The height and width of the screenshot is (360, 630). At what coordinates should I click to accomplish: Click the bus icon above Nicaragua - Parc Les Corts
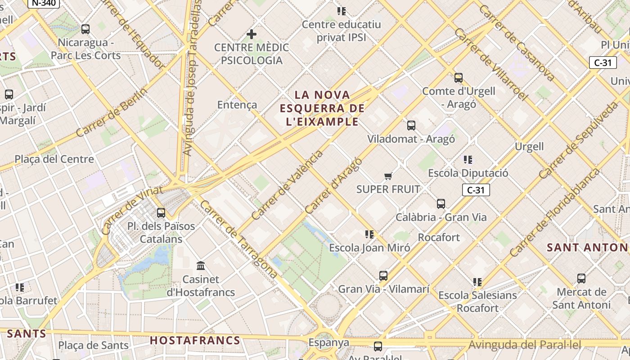(x=85, y=30)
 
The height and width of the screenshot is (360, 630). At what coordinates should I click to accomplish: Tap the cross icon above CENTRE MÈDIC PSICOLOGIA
(x=252, y=34)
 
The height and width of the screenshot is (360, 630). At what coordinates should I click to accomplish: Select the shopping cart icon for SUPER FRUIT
(x=388, y=176)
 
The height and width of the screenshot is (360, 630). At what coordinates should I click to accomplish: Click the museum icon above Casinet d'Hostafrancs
(x=201, y=266)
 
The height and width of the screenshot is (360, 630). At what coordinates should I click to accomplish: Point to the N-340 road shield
(x=43, y=3)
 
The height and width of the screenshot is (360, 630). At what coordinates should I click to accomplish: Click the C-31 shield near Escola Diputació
(x=476, y=190)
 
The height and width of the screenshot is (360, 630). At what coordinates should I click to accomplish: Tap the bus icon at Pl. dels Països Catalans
(x=161, y=213)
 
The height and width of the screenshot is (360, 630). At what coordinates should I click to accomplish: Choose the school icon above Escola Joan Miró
(x=369, y=234)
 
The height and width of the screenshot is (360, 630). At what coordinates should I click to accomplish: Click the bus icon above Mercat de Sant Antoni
(x=581, y=279)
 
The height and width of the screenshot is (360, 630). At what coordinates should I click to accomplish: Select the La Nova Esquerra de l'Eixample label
(x=322, y=108)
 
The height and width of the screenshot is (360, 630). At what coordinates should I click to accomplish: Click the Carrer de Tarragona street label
(x=238, y=238)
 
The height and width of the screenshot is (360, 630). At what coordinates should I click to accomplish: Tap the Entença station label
(x=237, y=105)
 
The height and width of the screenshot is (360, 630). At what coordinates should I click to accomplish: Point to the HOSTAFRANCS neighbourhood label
(x=195, y=340)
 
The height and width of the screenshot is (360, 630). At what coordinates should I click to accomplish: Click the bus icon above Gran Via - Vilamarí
(x=383, y=276)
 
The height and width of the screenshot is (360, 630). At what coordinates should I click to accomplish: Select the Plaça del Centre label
(x=54, y=159)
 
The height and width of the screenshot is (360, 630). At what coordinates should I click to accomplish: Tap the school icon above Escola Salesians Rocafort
(x=477, y=282)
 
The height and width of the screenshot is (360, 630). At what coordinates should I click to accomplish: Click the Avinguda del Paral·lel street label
(x=525, y=345)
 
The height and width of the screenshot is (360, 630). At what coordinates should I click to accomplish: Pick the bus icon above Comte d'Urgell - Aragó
(x=459, y=78)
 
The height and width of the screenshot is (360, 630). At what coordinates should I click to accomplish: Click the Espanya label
(x=328, y=343)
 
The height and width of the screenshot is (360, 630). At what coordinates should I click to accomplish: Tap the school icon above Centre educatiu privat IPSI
(x=342, y=11)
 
